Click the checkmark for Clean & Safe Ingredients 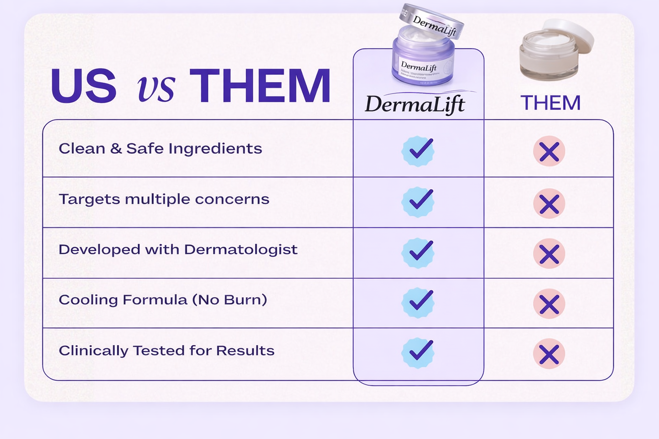point(418,150)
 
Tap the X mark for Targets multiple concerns point(549,203)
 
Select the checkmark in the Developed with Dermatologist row point(418,252)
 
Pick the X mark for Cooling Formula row point(549,304)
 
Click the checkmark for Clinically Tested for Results point(418,352)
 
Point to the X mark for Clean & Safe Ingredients point(549,151)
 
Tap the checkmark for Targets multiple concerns point(418,201)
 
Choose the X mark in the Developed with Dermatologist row point(549,253)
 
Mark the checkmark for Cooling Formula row point(418,302)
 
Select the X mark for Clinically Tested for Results point(549,354)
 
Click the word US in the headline point(83,86)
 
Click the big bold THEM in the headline point(260,86)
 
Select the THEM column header point(550,103)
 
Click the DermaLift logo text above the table point(415,104)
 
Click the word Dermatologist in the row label point(241,250)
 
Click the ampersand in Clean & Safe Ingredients point(116,149)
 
